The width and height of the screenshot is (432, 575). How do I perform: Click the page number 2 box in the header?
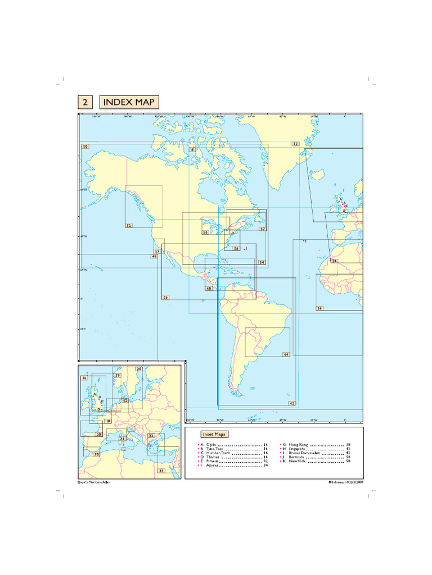[x=85, y=102]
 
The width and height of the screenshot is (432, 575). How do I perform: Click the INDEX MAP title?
[x=129, y=102]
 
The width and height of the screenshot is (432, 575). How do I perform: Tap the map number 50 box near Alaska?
[x=85, y=147]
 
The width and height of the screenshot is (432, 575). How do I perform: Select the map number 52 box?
[x=129, y=225]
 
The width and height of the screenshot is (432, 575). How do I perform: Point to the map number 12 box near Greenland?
[x=295, y=144]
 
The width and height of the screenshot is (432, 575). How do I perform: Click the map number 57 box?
[x=262, y=229]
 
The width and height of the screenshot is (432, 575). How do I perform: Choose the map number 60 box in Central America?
[x=209, y=289]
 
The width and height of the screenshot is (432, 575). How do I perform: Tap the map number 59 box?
[x=165, y=297]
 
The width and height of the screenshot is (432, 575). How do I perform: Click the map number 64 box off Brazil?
[x=286, y=354]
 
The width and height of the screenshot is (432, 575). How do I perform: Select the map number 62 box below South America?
[x=292, y=403]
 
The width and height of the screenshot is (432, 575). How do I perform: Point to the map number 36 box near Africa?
[x=319, y=308]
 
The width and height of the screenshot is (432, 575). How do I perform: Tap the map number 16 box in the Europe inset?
[x=84, y=378]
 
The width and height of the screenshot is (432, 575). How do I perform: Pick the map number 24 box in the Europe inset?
[x=139, y=369]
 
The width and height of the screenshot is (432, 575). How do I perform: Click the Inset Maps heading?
[x=214, y=434]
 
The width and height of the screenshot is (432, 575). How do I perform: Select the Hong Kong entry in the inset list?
[x=298, y=444]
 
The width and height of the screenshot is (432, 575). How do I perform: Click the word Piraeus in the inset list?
[x=214, y=460]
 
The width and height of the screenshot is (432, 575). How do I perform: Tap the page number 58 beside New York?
[x=348, y=460]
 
